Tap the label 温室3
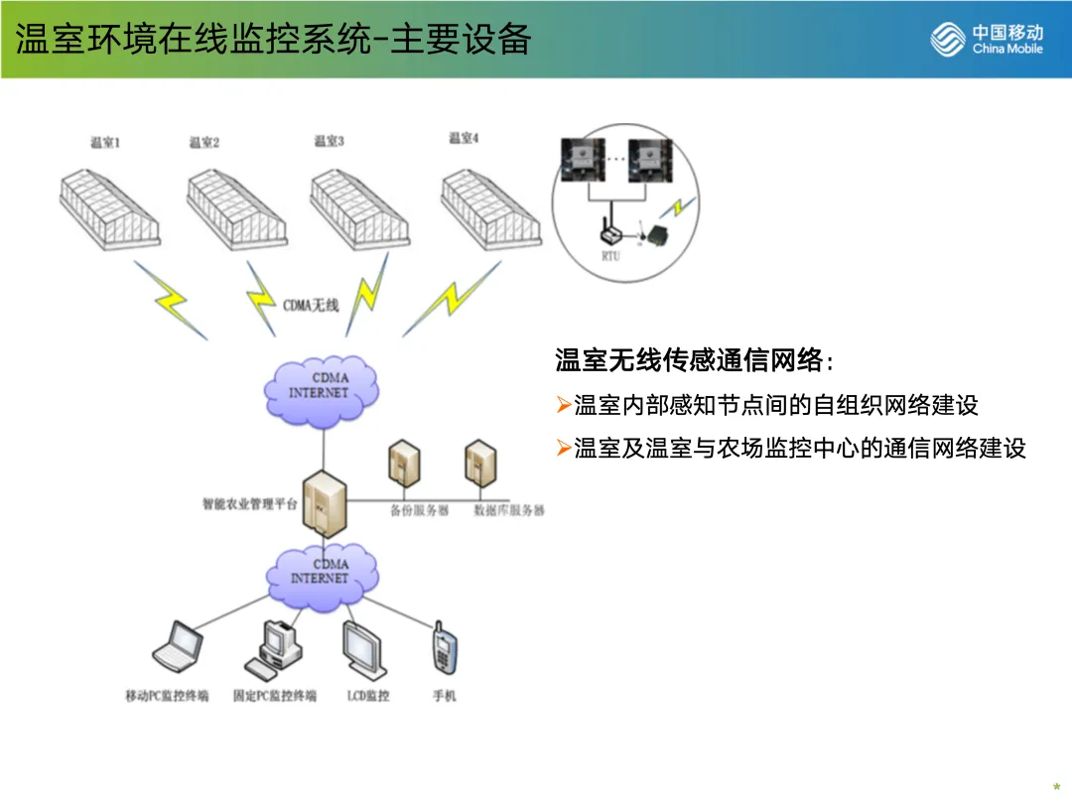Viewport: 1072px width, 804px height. click(x=330, y=142)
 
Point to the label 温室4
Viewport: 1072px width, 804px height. click(x=464, y=138)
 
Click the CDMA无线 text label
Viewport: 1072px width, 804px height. click(x=311, y=305)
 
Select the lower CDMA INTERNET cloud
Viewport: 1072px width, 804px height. click(x=320, y=571)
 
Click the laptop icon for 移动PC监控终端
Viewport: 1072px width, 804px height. click(x=179, y=645)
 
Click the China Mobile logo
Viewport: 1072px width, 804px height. click(x=987, y=41)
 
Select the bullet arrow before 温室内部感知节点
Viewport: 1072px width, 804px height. click(x=563, y=405)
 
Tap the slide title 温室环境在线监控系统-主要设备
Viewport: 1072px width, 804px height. click(x=273, y=40)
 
